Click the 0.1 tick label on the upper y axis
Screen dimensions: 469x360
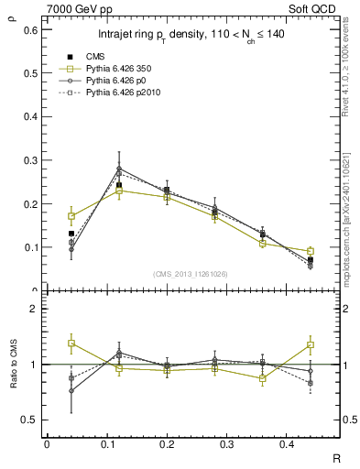pos(31,247)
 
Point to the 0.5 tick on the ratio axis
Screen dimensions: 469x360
pos(31,420)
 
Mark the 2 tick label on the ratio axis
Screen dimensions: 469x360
pos(35,310)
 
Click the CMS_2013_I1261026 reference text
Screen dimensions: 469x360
pos(191,273)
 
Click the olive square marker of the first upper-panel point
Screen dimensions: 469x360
pos(71,216)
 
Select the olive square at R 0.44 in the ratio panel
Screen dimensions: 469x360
pos(311,345)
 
